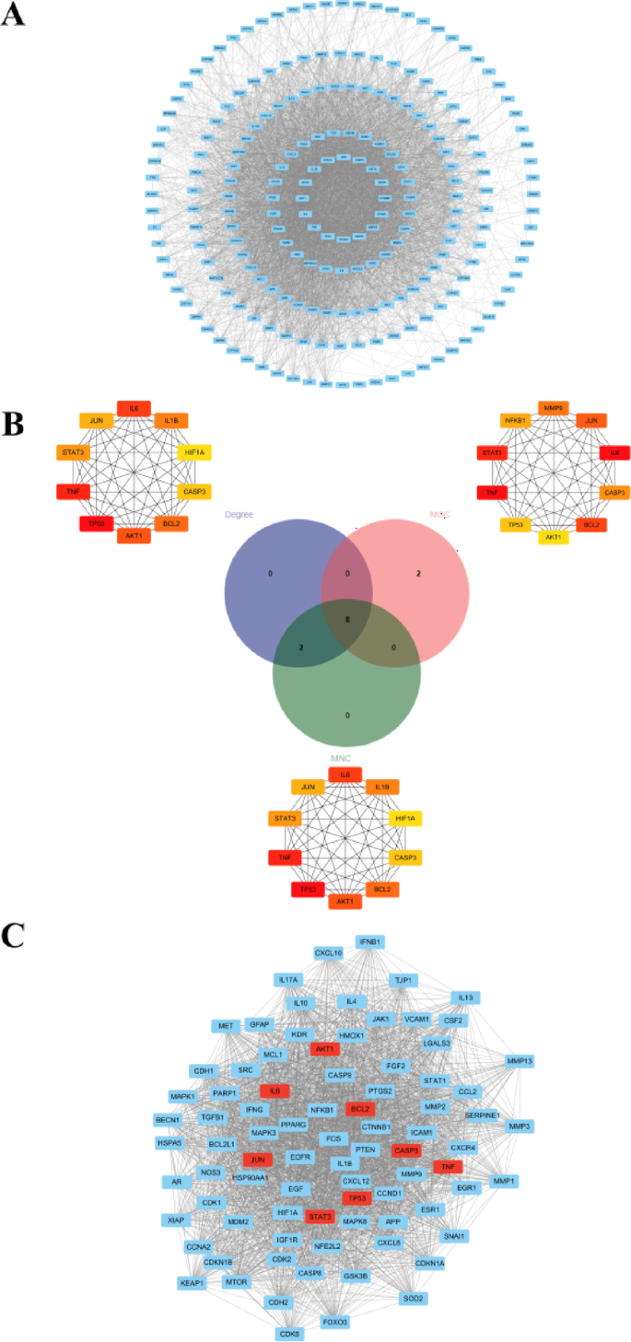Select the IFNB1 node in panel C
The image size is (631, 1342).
tap(370, 941)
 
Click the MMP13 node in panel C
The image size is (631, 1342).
tap(520, 1061)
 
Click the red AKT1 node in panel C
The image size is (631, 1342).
tap(324, 1049)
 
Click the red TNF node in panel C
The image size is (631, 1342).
tap(448, 1166)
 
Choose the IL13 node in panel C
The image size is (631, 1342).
tap(466, 997)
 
